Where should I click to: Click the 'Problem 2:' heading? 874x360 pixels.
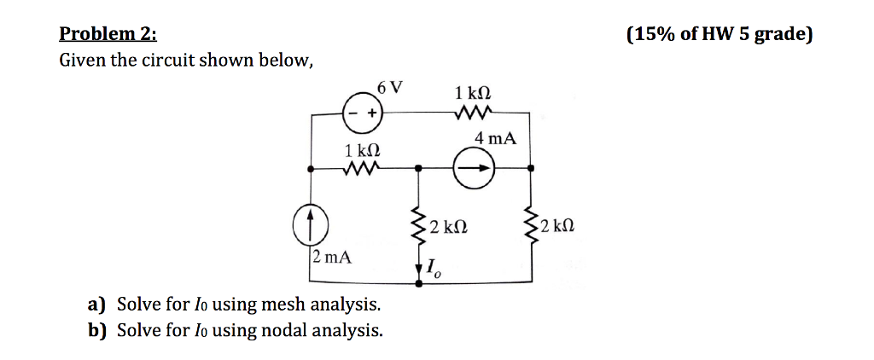(108, 35)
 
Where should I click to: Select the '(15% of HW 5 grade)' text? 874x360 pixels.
(720, 35)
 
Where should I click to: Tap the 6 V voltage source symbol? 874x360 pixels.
(361, 112)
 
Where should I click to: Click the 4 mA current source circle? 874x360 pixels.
(475, 169)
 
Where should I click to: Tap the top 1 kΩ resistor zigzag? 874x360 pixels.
(472, 112)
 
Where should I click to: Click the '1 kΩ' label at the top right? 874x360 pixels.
(474, 91)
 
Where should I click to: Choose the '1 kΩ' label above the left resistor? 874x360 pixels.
(362, 150)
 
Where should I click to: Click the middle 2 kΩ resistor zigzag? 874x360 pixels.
(418, 226)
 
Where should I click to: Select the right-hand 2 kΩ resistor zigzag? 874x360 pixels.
(533, 226)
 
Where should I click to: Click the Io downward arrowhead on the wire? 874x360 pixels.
(418, 270)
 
